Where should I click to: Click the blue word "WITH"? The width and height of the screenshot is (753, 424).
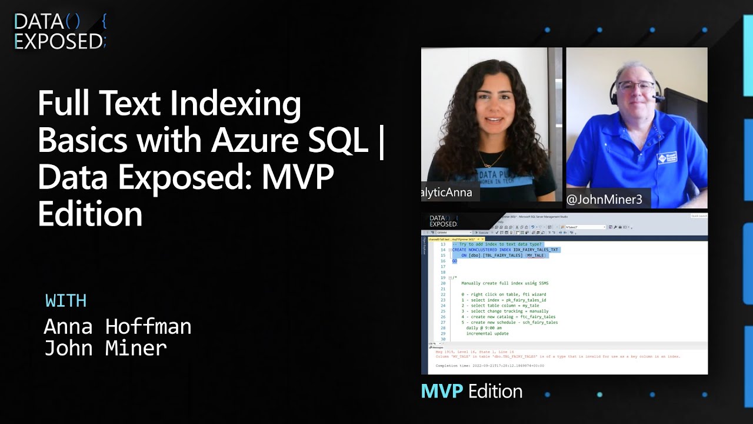click(x=66, y=301)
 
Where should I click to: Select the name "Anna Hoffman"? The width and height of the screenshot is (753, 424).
click(x=118, y=326)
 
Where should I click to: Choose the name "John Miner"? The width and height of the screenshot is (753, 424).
click(x=106, y=348)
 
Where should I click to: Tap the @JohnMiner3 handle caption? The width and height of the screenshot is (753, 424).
click(x=604, y=200)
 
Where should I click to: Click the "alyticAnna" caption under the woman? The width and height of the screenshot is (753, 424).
click(x=447, y=193)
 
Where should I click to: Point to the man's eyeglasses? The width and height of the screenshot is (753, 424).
click(x=636, y=87)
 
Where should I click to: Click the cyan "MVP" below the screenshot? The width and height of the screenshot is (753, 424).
click(x=441, y=391)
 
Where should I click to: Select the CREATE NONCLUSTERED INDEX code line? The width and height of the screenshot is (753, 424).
click(x=506, y=250)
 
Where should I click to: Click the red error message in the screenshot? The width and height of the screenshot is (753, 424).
click(x=558, y=356)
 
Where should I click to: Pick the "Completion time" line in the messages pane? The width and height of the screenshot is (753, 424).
click(x=489, y=366)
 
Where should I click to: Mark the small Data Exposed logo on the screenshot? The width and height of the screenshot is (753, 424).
click(x=444, y=221)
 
